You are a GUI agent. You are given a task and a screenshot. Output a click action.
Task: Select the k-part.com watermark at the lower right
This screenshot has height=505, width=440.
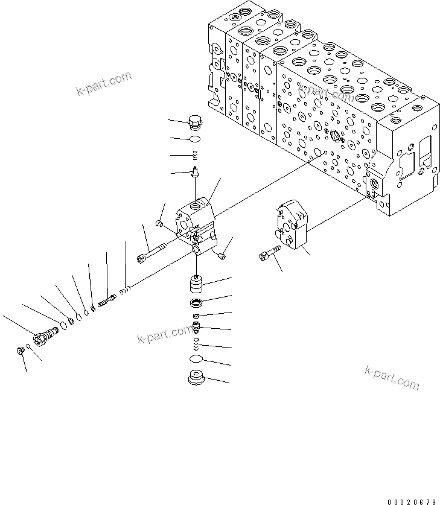tap(391, 377)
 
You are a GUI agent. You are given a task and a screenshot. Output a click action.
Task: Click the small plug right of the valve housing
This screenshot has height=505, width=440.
tap(222, 257)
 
